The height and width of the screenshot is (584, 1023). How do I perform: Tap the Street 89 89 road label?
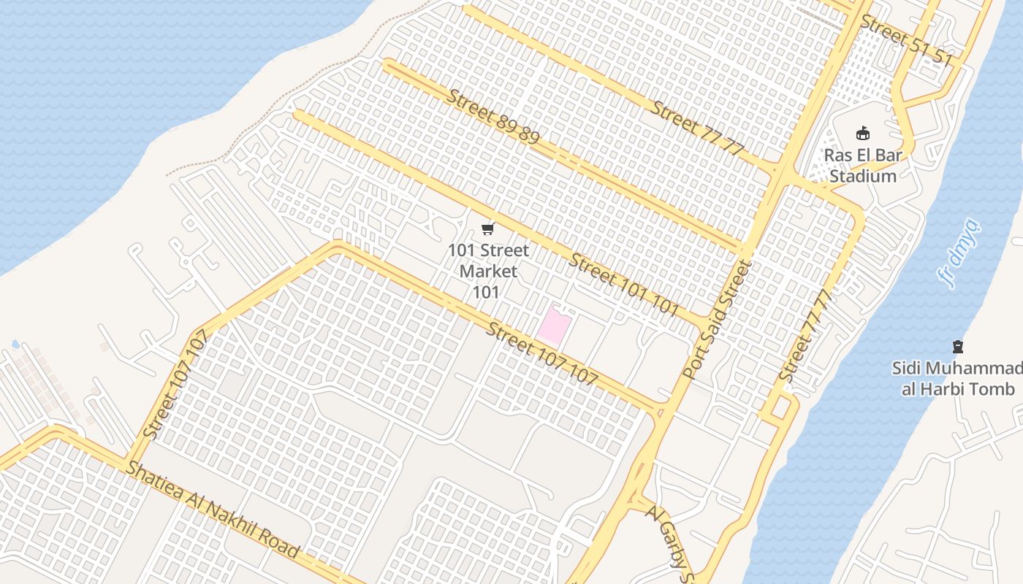point(494,117)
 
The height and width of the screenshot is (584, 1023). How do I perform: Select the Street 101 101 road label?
point(625,285)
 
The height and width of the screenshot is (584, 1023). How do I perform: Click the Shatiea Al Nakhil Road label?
point(213,509)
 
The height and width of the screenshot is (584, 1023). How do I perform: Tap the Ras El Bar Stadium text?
point(863,166)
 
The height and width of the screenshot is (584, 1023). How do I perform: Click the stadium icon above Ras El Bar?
point(864,133)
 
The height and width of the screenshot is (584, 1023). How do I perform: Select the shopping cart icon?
point(488,229)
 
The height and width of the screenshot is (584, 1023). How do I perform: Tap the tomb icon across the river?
point(958,346)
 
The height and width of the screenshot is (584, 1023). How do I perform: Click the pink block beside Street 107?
point(553,326)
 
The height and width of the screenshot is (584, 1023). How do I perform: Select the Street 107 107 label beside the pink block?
point(541,354)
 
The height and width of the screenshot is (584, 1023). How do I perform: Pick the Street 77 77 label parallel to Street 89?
point(697,128)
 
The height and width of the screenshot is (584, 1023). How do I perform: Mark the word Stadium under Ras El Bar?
point(863,177)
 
